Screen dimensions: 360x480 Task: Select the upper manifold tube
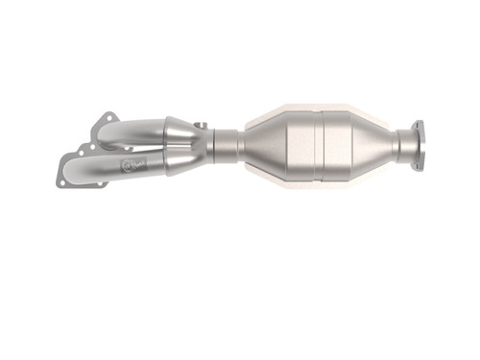point(139,129)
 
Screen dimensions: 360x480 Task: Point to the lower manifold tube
point(144,164)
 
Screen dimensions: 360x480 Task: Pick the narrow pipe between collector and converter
point(227,145)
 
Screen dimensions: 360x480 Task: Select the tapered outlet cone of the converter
point(384,144)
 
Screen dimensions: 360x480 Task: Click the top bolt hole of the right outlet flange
point(419,125)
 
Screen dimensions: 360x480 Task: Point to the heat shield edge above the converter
point(317,107)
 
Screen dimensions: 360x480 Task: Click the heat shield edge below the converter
point(317,182)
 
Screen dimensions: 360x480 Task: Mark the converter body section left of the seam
point(293,144)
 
